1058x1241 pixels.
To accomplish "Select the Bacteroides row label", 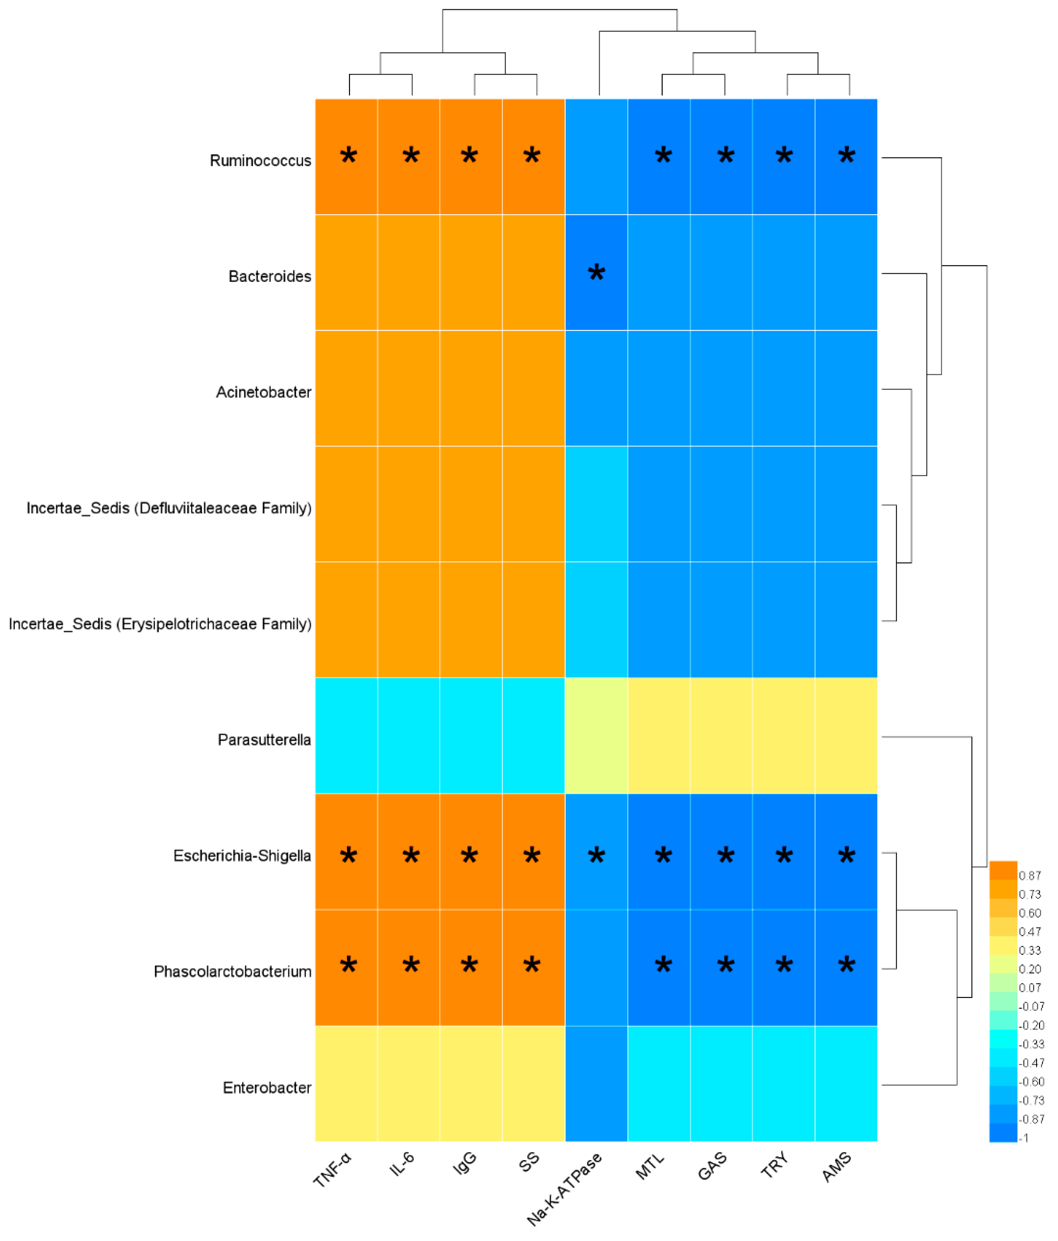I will [x=270, y=276].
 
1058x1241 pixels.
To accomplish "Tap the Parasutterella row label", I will [x=264, y=740].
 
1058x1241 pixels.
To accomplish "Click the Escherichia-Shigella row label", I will [x=242, y=855].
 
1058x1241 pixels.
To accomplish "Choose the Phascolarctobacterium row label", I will [x=232, y=971].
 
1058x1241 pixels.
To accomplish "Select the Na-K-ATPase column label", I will [x=565, y=1189].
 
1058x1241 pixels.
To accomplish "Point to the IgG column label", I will [x=465, y=1163].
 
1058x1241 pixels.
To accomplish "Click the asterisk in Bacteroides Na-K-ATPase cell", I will [x=596, y=273].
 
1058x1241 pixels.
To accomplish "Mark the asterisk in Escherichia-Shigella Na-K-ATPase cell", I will [x=596, y=855].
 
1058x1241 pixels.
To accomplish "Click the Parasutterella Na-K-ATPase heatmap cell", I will [x=596, y=735].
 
